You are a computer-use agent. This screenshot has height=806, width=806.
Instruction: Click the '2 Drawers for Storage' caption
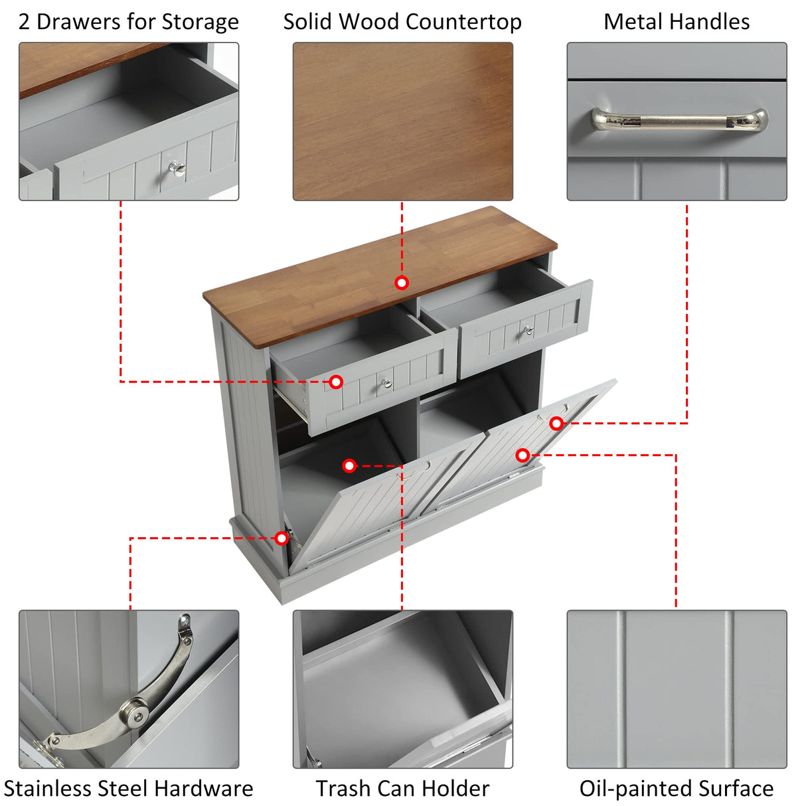click(x=128, y=22)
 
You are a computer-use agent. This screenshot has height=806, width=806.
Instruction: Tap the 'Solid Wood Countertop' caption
click(x=402, y=22)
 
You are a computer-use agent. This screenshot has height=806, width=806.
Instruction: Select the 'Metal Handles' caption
click(x=677, y=22)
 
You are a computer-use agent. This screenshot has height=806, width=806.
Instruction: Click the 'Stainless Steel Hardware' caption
click(x=128, y=788)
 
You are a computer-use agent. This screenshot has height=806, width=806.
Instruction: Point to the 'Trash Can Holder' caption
click(x=402, y=788)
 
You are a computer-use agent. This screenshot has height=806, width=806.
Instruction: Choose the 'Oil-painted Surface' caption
click(x=677, y=788)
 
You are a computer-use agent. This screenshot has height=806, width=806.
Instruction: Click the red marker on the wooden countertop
click(x=402, y=283)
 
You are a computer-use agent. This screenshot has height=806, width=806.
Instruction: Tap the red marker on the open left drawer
click(x=336, y=382)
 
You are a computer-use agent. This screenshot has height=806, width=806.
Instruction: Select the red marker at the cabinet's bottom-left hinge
click(x=282, y=538)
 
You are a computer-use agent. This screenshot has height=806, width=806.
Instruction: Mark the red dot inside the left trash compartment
click(x=349, y=466)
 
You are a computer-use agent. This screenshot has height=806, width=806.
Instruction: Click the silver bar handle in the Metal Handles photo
click(x=679, y=120)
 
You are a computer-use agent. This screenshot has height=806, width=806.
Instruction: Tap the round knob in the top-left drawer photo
click(x=177, y=168)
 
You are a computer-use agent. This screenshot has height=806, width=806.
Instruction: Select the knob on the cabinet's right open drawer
click(x=528, y=330)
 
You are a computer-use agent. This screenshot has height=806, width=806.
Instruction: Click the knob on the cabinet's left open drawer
click(x=386, y=382)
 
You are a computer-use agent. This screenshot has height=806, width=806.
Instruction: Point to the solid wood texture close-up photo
click(x=402, y=121)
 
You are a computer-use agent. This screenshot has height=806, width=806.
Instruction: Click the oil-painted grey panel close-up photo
click(x=677, y=688)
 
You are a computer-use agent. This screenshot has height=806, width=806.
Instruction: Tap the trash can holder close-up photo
click(x=402, y=688)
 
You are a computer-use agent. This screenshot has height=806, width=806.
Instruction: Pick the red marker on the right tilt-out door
click(x=523, y=455)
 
